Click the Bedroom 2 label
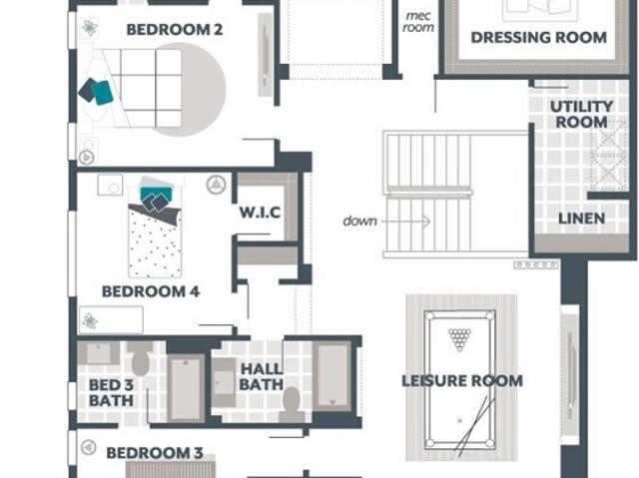tap(175, 30)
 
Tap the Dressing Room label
tap(539, 38)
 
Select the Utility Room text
tap(581, 115)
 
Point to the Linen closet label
tap(581, 219)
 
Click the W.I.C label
tap(260, 213)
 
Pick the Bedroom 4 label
tap(151, 291)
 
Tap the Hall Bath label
tap(262, 376)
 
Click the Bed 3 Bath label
tap(111, 392)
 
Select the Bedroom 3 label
tap(155, 453)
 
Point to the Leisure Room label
tap(462, 381)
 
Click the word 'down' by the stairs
tap(359, 222)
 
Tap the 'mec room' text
tap(418, 22)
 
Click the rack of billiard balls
tap(459, 339)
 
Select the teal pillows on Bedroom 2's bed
tap(96, 91)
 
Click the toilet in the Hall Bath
tap(292, 403)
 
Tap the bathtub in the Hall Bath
tap(332, 375)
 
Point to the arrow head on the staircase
tap(426, 222)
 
